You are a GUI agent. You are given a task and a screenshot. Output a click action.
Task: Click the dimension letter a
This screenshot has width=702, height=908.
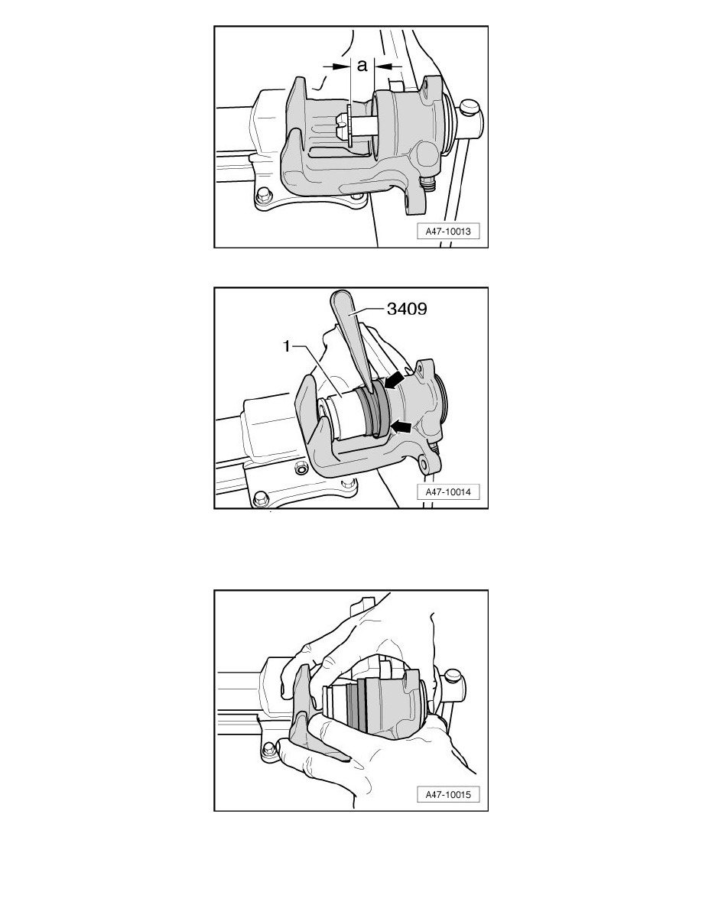coord(362,66)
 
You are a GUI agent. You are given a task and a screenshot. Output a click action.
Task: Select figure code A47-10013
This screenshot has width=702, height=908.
coord(448,231)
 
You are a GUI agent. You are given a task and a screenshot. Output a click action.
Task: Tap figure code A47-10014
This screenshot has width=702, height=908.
coord(448,492)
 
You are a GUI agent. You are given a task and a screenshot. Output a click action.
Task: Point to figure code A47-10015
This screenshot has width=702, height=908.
coord(448,795)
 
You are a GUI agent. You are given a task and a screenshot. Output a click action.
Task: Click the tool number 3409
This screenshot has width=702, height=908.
coord(407,309)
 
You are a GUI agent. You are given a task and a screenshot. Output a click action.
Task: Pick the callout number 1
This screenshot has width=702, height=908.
coord(286,346)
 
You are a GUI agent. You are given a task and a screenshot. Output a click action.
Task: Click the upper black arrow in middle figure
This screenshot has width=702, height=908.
coord(395,381)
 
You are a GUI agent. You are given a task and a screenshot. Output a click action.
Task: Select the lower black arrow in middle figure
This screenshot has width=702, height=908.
coord(401,426)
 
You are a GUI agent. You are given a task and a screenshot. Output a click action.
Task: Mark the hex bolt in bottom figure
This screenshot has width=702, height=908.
coord(268,750)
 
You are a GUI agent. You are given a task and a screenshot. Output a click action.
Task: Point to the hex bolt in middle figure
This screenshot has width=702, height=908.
coord(260,498)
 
